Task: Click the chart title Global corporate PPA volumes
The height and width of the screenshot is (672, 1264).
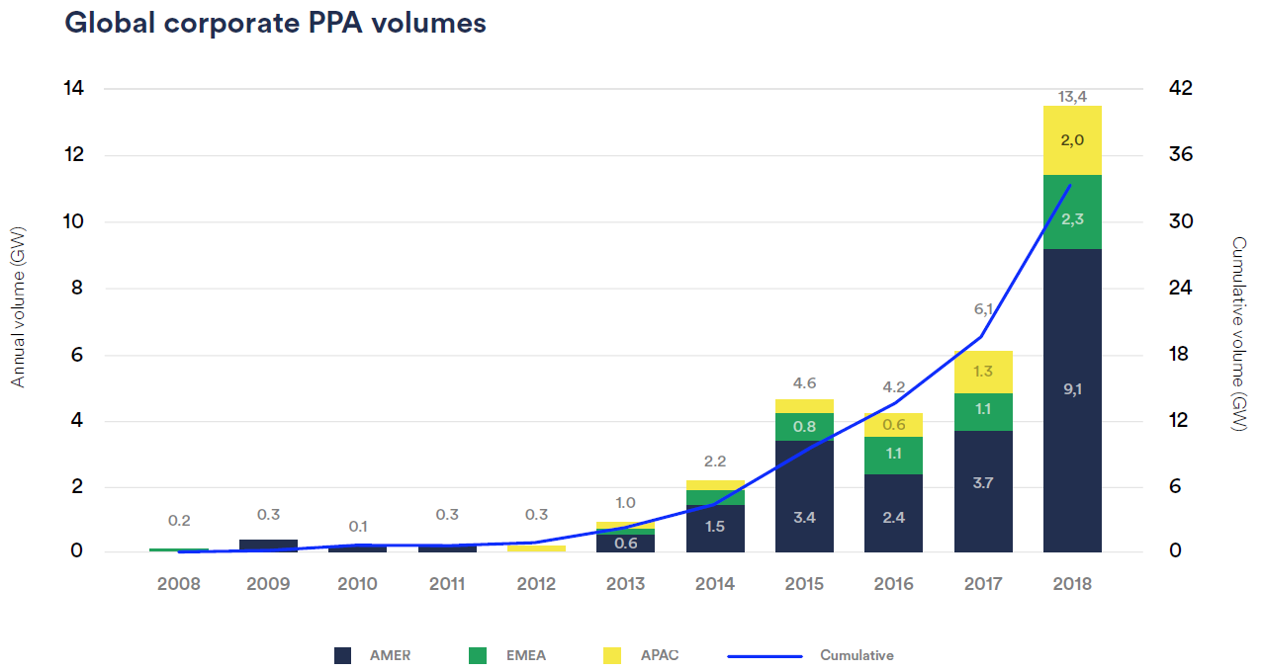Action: tap(275, 24)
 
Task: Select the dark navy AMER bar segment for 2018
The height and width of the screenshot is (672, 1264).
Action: tap(1072, 445)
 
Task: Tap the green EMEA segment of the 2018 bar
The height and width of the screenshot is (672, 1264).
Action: tap(1072, 211)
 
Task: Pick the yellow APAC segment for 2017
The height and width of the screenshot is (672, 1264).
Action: tap(983, 372)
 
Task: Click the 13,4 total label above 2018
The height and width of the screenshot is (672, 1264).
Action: tap(1072, 96)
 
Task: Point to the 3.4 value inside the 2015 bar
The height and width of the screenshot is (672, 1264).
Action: tap(804, 517)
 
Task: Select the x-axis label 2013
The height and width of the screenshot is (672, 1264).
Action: tap(625, 584)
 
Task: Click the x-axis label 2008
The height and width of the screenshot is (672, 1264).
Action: tap(178, 584)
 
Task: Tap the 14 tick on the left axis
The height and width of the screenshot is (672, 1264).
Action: tap(74, 89)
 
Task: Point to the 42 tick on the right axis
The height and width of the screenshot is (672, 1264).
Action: tap(1181, 89)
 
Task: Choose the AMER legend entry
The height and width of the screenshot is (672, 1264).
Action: tap(372, 655)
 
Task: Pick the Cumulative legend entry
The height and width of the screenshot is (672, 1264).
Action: tap(811, 655)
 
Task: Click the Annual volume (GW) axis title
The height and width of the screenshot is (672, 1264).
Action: tap(18, 306)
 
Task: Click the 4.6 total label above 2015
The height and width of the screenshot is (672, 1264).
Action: tap(804, 383)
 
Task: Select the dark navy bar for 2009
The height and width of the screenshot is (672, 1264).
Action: tap(268, 546)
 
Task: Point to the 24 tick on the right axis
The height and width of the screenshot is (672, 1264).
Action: tap(1181, 289)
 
